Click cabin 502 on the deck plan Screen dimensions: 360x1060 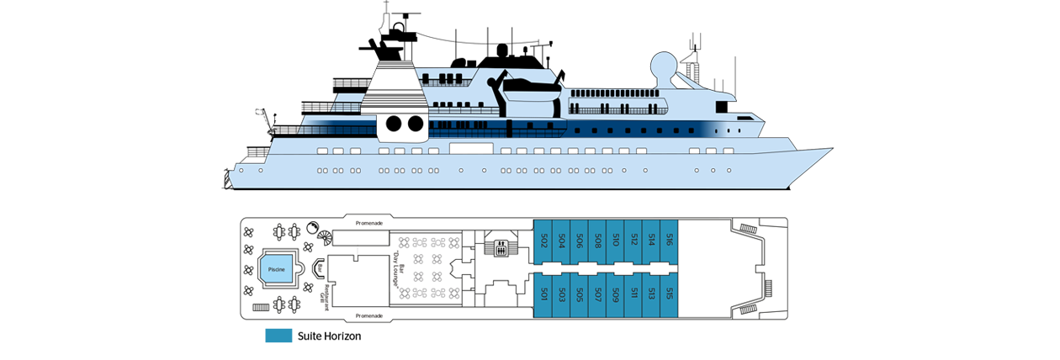pyautogui.click(x=544, y=241)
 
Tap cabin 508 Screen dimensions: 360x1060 pyautogui.click(x=597, y=241)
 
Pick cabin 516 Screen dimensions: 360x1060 pyautogui.click(x=669, y=241)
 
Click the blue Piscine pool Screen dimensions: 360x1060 pyautogui.click(x=277, y=268)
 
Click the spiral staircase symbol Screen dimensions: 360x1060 pyautogui.click(x=313, y=228)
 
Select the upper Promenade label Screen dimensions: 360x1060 pyautogui.click(x=369, y=223)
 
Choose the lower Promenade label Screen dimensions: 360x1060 pyautogui.click(x=369, y=315)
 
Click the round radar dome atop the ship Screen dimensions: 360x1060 pyautogui.click(x=663, y=66)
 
